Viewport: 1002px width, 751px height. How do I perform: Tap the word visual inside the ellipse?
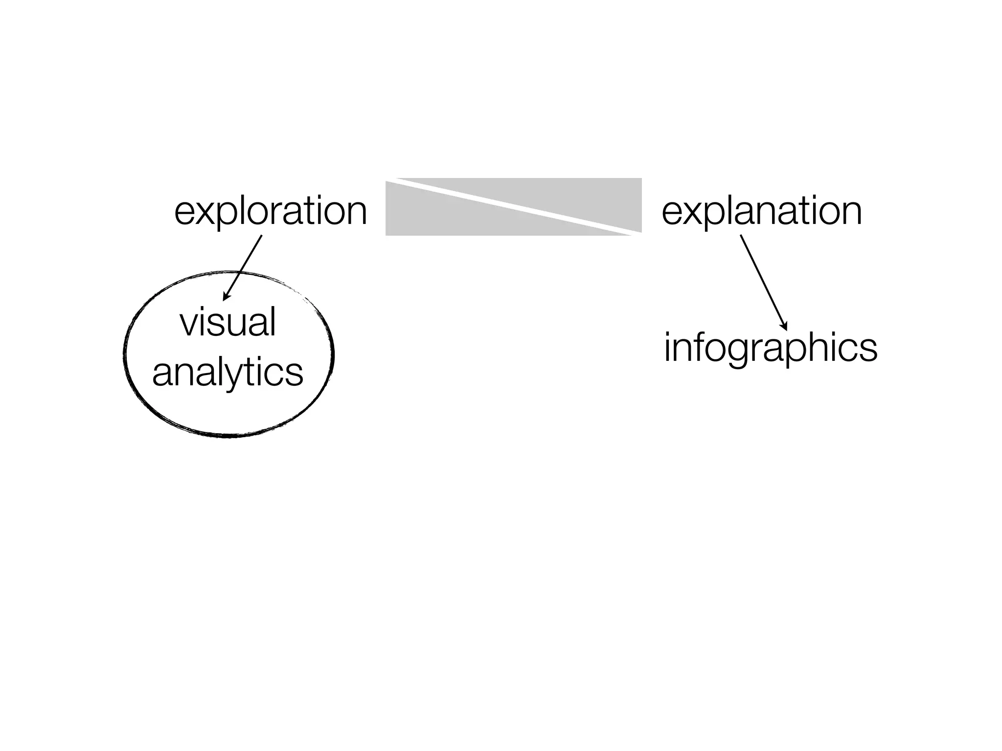coord(228,323)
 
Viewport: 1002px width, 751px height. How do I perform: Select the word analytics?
coord(228,373)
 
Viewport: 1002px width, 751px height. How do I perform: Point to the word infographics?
coord(771,348)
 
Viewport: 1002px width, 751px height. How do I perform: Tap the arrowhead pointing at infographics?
coord(784,326)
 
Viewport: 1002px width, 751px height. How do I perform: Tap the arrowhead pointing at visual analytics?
coord(227,295)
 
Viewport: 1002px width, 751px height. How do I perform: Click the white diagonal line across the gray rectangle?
coord(514,205)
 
